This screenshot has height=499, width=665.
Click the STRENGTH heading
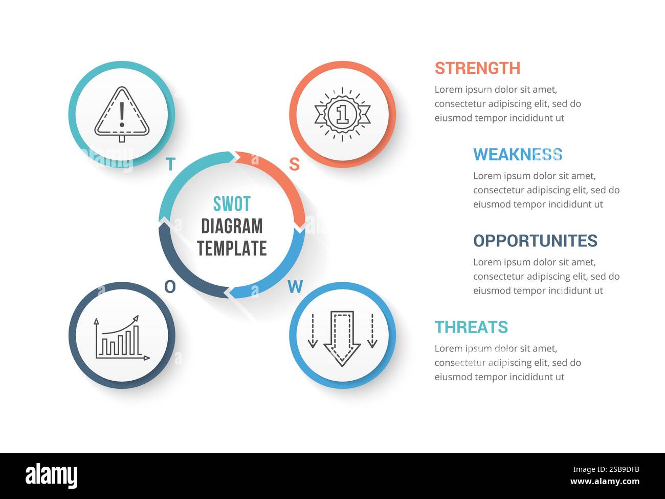pyautogui.click(x=477, y=68)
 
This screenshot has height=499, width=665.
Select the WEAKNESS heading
pyautogui.click(x=517, y=154)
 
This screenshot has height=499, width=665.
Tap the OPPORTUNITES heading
pyautogui.click(x=535, y=240)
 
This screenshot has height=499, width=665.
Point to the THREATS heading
pyautogui.click(x=471, y=327)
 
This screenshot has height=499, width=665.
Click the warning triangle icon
pyautogui.click(x=122, y=114)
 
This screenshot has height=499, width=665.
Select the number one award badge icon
pyautogui.click(x=342, y=114)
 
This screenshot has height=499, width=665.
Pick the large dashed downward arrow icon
pyautogui.click(x=342, y=337)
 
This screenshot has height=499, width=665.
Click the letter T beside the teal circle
pyautogui.click(x=171, y=164)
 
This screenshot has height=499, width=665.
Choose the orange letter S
pyautogui.click(x=294, y=164)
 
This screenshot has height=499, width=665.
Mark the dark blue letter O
pyautogui.click(x=170, y=287)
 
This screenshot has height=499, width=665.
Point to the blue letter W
pyautogui.click(x=295, y=287)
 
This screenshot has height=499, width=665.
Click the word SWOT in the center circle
pyautogui.click(x=232, y=204)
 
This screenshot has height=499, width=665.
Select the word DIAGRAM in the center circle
pyautogui.click(x=232, y=226)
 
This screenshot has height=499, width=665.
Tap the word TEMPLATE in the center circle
pyautogui.click(x=232, y=248)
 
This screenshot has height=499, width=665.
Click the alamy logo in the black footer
pyautogui.click(x=51, y=475)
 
